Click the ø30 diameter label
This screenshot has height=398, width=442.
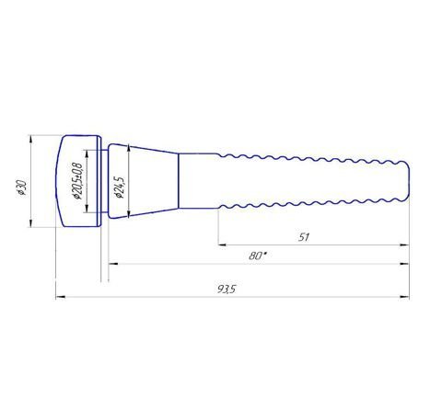(22, 188)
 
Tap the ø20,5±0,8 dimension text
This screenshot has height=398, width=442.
(77, 181)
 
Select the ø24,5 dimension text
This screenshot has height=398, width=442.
(119, 188)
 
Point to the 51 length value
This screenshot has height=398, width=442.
(304, 237)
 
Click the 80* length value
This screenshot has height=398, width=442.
(257, 256)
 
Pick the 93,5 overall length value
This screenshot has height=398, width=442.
(227, 289)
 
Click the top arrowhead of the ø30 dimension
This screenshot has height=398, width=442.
(30, 140)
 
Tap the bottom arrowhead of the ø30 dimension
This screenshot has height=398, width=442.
(30, 222)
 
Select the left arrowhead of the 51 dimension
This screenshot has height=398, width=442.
(222, 244)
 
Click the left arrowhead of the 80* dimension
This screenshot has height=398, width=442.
(113, 264)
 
